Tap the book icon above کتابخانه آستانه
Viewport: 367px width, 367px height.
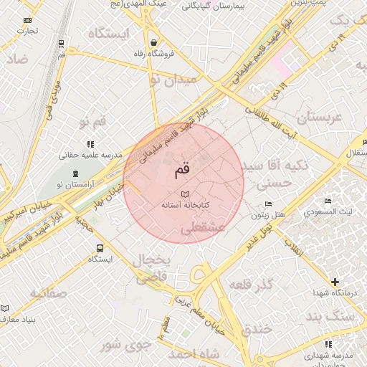(x=184, y=194)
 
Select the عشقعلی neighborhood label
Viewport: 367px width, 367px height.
(x=203, y=227)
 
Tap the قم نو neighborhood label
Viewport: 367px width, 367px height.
(x=92, y=121)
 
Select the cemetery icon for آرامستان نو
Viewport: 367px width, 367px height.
(x=77, y=174)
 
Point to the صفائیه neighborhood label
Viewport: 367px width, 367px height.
(x=48, y=292)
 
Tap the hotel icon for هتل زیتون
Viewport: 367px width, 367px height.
(x=268, y=204)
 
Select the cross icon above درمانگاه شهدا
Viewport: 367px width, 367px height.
(x=334, y=282)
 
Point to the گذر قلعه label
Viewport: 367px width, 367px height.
(x=251, y=285)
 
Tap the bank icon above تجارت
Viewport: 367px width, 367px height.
(x=28, y=20)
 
